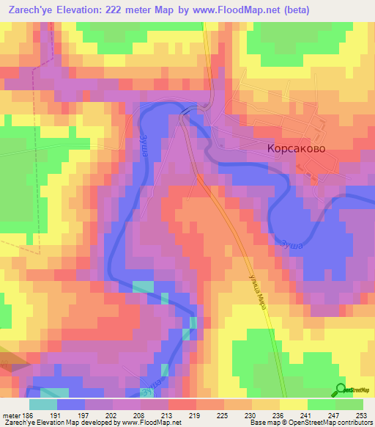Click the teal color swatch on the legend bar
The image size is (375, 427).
(43, 404)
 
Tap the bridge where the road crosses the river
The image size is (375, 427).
(191, 110)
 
